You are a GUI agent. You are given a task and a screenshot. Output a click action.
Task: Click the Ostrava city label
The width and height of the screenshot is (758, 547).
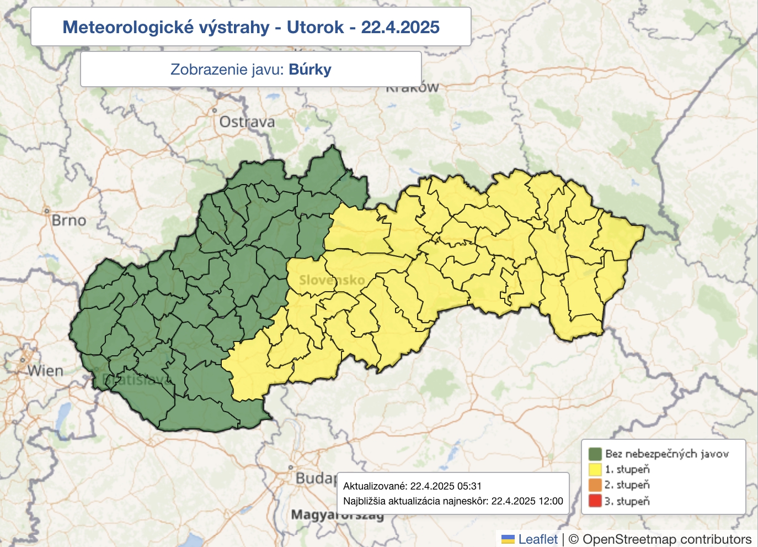[247, 122]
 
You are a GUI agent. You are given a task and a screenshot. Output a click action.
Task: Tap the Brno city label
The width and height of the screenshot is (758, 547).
[69, 220]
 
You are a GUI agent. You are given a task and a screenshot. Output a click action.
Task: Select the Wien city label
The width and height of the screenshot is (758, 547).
[46, 371]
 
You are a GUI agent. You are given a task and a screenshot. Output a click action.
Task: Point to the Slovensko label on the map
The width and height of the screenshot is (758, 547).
[332, 280]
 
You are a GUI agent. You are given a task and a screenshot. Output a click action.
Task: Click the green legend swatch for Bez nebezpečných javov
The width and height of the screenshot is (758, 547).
[595, 454]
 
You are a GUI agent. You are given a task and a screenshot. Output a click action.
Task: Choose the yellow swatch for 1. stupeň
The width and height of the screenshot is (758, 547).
[595, 470]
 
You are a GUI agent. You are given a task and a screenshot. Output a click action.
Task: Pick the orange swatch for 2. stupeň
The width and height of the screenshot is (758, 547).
[595, 485]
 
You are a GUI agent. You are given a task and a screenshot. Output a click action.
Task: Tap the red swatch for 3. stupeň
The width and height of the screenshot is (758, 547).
[595, 501]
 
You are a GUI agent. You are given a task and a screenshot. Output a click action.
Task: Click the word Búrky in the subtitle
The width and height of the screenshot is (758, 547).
[310, 70]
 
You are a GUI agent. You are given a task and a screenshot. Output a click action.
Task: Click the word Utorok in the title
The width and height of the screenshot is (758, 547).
[315, 27]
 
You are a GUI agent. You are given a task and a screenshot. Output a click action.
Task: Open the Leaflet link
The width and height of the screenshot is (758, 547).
[538, 539]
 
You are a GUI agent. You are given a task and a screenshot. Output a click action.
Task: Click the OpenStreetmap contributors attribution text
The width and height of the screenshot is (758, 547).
[666, 539]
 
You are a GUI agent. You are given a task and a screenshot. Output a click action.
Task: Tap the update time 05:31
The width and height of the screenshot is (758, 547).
[469, 486]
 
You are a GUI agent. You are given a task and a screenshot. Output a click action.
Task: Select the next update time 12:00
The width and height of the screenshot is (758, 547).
[550, 501]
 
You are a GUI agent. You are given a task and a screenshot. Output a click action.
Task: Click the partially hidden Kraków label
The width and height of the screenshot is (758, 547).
[412, 88]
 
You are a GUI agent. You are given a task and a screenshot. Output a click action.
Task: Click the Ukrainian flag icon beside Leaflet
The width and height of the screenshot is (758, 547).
[508, 539]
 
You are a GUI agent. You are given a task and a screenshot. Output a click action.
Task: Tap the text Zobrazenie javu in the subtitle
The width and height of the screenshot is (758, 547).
[227, 70]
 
